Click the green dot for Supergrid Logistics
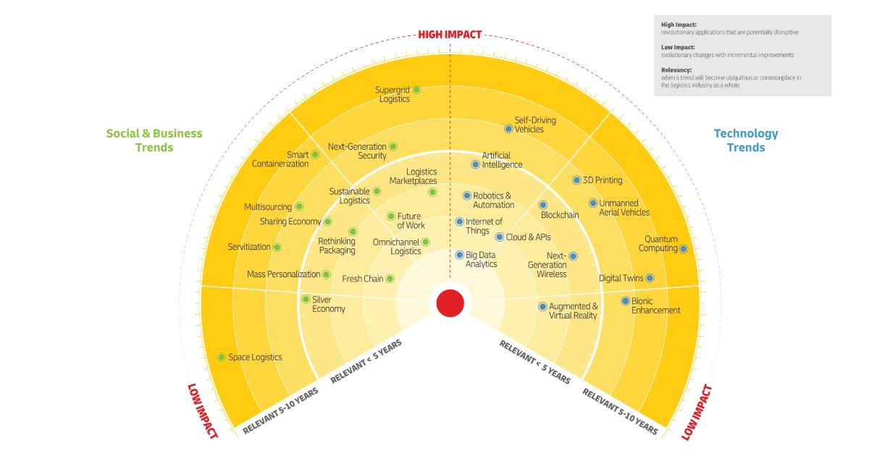pyautogui.click(x=416, y=90)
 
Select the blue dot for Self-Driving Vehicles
pyautogui.click(x=508, y=129)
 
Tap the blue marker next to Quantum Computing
pyautogui.click(x=684, y=248)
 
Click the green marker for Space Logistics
pyautogui.click(x=222, y=357)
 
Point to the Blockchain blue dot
pyautogui.click(x=545, y=205)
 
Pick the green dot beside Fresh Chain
pyautogui.click(x=390, y=279)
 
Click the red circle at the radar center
pyautogui.click(x=450, y=303)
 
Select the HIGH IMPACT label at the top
pyautogui.click(x=450, y=34)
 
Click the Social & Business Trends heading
pyautogui.click(x=154, y=140)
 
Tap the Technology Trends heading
pyautogui.click(x=746, y=140)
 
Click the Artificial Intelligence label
pyautogui.click(x=502, y=160)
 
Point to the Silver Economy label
pyautogui.click(x=328, y=304)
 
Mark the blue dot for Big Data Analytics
pyautogui.click(x=459, y=255)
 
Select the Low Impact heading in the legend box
pyautogui.click(x=676, y=48)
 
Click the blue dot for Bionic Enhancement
pyautogui.click(x=626, y=301)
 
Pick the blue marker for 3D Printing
pyautogui.click(x=576, y=180)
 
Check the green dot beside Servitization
pyautogui.click(x=277, y=247)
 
